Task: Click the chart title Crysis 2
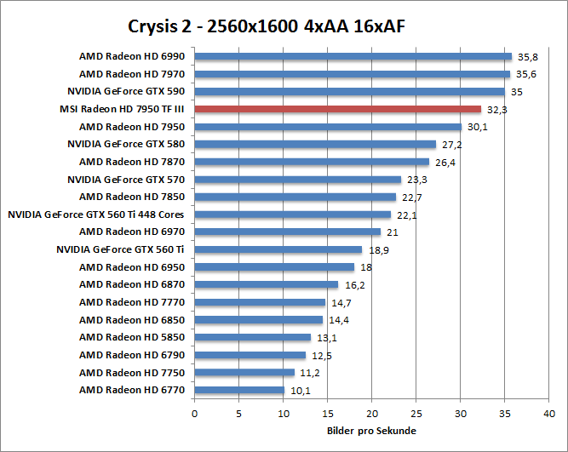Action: pyautogui.click(x=267, y=26)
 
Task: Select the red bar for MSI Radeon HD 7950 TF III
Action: pyautogui.click(x=338, y=109)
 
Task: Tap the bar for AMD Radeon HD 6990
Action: pyautogui.click(x=353, y=57)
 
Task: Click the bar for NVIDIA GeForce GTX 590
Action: pyautogui.click(x=349, y=91)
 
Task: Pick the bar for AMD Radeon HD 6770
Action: pyautogui.click(x=239, y=391)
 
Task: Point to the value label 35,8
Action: pyautogui.click(x=529, y=57)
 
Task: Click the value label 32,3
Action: pyautogui.click(x=497, y=109)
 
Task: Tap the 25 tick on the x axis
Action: pyautogui.click(x=416, y=414)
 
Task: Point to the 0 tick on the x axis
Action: pyautogui.click(x=195, y=414)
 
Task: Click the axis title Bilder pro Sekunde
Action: pyautogui.click(x=371, y=431)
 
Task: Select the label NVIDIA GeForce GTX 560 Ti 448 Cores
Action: pyautogui.click(x=96, y=215)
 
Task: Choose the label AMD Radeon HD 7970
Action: pyautogui.click(x=133, y=74)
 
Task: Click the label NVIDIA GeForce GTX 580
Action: pyautogui.click(x=126, y=144)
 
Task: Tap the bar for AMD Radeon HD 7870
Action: pyautogui.click(x=312, y=162)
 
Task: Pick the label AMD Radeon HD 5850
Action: pyautogui.click(x=133, y=337)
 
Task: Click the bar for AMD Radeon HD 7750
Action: pyautogui.click(x=244, y=373)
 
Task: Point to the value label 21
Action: pyautogui.click(x=393, y=232)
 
